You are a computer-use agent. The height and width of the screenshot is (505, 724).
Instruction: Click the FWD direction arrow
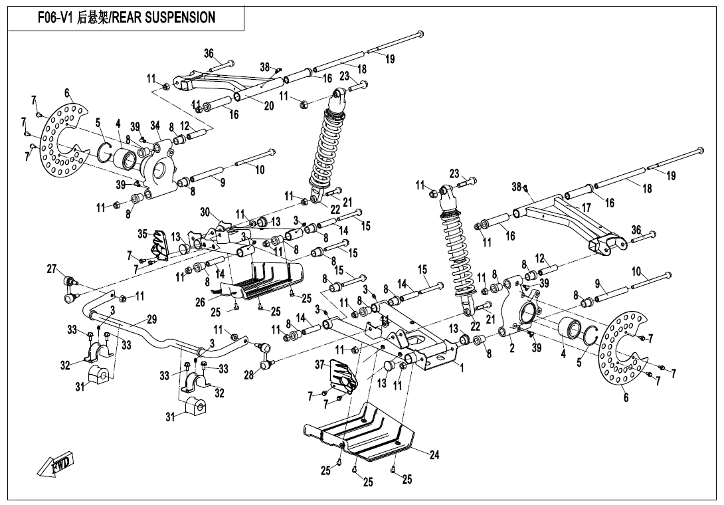pos(56,465)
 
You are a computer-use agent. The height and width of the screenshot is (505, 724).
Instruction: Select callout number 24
pos(434,456)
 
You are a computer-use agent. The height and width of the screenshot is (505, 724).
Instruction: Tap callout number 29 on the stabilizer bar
pos(151,320)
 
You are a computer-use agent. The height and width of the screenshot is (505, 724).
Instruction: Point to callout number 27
pos(52,269)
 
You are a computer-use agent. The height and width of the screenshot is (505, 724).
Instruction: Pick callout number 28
pos(248,375)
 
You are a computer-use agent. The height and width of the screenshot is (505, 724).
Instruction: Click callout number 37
pos(319,364)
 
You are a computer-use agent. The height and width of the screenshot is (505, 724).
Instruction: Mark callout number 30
pos(205,212)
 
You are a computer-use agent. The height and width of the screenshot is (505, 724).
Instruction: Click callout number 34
pos(155,125)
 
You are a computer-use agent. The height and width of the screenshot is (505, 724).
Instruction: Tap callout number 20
pos(268,106)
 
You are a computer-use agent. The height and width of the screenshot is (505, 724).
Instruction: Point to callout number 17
pos(586,208)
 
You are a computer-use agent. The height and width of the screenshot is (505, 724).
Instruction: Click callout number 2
pos(511,348)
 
